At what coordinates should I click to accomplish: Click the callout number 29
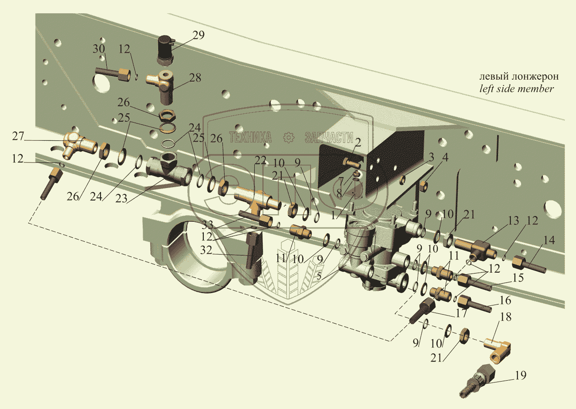coord(198,36)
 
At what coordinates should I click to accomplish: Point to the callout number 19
coord(520,375)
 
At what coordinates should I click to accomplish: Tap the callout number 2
coord(357,142)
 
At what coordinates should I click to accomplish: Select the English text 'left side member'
coord(517,89)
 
